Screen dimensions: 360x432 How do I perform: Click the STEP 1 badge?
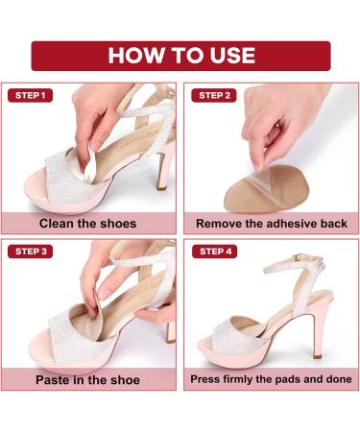pos(30,95)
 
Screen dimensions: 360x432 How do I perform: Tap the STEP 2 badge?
pos(214,95)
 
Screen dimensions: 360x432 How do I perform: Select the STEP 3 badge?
pos(31,252)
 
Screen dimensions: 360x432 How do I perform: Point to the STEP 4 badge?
pos(215,252)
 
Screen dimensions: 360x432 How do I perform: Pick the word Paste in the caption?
pos(50,380)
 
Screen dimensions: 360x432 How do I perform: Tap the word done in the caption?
pos(339,379)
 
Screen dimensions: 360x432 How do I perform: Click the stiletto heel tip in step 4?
pos(318,356)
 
